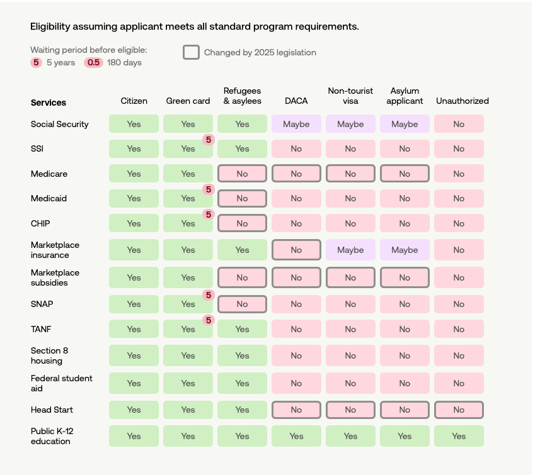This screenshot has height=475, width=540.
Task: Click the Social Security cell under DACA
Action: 296,124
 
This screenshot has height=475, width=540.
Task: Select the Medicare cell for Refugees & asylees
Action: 242,174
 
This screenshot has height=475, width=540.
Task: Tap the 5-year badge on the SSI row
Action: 209,140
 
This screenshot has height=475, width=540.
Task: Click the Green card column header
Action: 188,101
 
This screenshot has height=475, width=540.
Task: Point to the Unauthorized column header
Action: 462,101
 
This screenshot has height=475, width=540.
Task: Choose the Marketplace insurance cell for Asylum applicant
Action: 405,250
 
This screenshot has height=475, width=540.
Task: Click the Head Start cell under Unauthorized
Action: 459,410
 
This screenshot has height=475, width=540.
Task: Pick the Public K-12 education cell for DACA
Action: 296,436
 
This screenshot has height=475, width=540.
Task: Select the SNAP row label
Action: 42,304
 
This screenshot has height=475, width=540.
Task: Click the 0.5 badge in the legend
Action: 93,62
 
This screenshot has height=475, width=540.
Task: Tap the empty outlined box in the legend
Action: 191,52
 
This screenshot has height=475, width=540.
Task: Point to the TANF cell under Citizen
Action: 134,329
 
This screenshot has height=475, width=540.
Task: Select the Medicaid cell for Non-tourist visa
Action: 350,198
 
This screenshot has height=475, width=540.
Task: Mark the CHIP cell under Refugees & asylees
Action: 242,223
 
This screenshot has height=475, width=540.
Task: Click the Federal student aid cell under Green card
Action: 188,383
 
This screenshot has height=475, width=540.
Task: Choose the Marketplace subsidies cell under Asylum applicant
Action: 405,277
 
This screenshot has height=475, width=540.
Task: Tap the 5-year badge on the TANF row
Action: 209,320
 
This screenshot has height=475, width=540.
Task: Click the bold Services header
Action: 49,103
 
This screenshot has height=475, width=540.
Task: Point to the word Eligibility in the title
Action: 52,26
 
